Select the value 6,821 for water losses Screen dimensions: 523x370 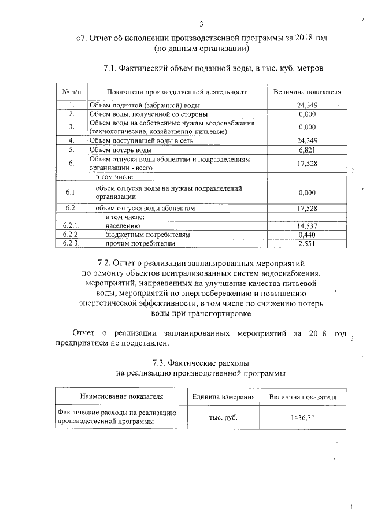pos(308,150)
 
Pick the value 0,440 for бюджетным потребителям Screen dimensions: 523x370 pos(308,235)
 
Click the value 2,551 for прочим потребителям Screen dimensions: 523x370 pos(308,244)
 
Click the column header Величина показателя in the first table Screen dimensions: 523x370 pos(308,92)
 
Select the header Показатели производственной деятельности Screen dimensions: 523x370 pos(177,92)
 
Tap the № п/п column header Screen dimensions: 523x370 pos(71,92)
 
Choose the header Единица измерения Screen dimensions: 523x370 pos(223,397)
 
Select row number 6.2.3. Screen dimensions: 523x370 pos(71,244)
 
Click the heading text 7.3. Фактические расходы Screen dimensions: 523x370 pos(201,363)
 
